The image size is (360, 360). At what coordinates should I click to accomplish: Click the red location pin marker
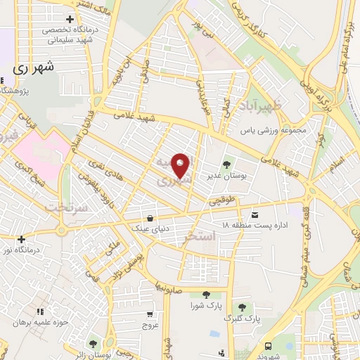(x=181, y=166)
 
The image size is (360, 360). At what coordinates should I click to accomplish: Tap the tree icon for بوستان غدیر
(x=225, y=160)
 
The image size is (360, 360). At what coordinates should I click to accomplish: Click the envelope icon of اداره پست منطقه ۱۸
(x=254, y=214)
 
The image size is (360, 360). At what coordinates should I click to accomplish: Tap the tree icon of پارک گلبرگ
(x=242, y=307)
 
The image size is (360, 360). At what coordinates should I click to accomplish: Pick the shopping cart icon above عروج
(x=150, y=315)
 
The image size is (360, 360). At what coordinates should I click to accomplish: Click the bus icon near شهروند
(x=269, y=345)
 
